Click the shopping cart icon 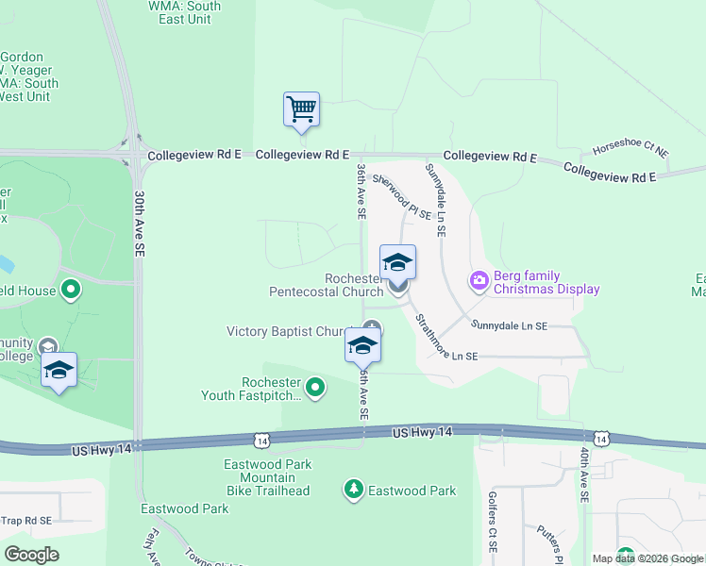pos(302,109)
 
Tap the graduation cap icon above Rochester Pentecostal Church pos(397,262)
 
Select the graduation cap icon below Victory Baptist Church pos(363,347)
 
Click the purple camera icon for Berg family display pos(479,279)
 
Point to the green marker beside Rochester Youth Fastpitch pos(317,387)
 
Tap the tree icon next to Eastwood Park pos(354,490)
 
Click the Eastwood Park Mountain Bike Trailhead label pos(266,477)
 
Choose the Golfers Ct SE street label pos(493,522)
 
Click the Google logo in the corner pos(31,555)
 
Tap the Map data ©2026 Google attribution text pos(647,558)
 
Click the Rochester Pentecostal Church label pos(327,285)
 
